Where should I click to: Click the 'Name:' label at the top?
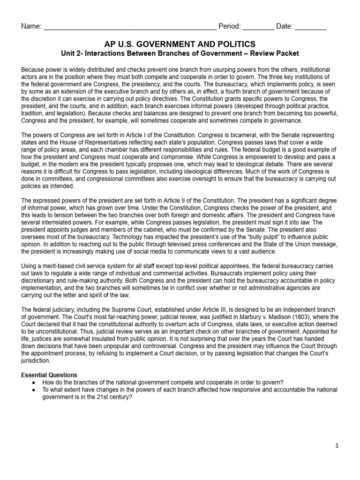(x=31, y=26)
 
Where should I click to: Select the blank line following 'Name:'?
(x=130, y=27)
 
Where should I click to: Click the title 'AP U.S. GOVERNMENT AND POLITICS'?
(x=180, y=44)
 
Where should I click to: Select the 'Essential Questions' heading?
(x=49, y=375)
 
